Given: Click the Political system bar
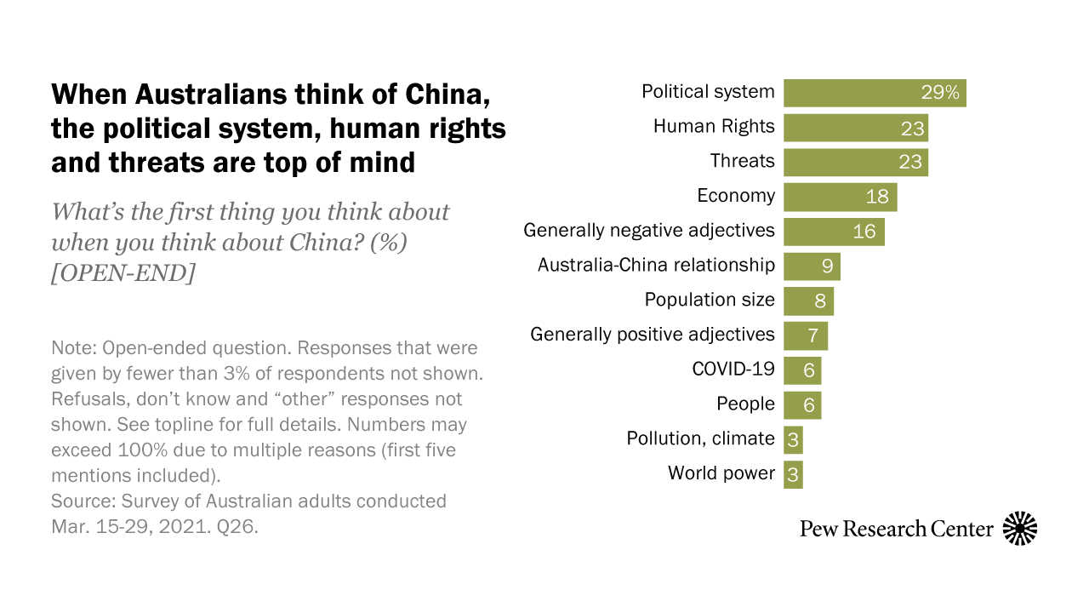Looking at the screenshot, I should coord(874,93).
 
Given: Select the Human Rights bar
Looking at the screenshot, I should coord(855,128).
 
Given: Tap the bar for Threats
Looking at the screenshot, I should coord(855,162).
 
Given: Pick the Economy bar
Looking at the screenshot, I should coord(840,197).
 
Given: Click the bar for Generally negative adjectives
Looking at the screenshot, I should coord(834,232).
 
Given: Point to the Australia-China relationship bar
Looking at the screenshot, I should coord(811,266).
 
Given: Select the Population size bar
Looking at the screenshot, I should coord(808,301).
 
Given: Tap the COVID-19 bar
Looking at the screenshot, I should coord(801,370).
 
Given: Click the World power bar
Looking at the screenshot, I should coord(793,474).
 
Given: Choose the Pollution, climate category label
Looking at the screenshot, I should coord(700,439).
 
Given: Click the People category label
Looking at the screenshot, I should coord(745,404).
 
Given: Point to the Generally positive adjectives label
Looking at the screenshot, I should coord(652,335).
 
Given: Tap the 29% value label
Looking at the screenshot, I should coord(940,93).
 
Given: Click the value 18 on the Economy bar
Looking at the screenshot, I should coord(876,197).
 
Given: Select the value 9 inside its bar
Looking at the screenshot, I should coord(827,266).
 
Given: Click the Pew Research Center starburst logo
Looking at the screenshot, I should coord(1020,529).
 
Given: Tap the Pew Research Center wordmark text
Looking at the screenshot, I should coord(896,529).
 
